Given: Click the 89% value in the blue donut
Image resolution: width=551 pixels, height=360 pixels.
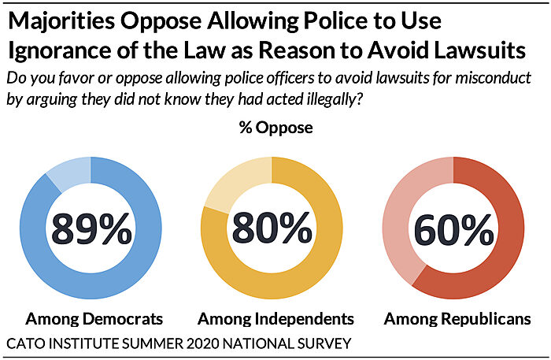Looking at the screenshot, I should tap(91, 228).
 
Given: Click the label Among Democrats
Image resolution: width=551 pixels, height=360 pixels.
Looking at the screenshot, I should tap(94, 319).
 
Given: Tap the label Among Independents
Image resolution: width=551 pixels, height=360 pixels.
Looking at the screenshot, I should tap(275, 319).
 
